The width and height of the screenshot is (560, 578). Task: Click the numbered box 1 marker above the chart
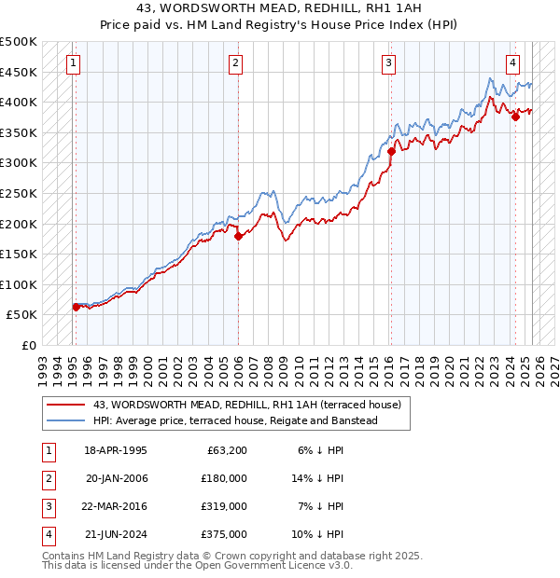coord(73,63)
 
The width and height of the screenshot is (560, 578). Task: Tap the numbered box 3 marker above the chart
coord(388,63)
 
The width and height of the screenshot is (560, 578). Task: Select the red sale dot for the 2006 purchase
coord(238,236)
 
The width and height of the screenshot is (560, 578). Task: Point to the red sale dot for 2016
coord(391,152)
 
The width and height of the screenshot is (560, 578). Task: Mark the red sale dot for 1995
coord(76,307)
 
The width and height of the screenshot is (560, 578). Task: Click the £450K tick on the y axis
coord(19,72)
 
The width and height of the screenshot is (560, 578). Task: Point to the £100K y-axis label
coord(19,284)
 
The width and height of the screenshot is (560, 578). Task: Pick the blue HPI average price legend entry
coord(234,421)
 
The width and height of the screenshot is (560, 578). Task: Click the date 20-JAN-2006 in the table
coord(116,477)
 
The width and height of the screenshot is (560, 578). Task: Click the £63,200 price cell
coord(224,449)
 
